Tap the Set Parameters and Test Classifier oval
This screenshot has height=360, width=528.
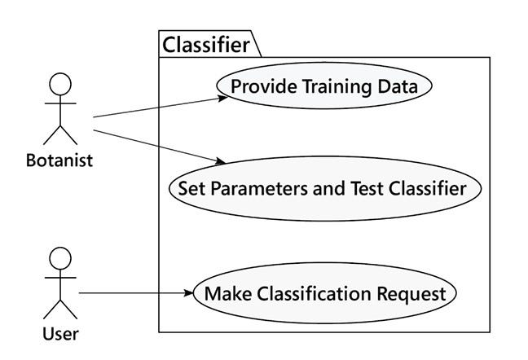(324, 188)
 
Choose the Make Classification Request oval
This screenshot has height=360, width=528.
(324, 292)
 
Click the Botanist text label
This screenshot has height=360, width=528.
(59, 160)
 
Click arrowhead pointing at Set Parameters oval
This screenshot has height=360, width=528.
(220, 161)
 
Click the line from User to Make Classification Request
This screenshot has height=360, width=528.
(130, 292)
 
